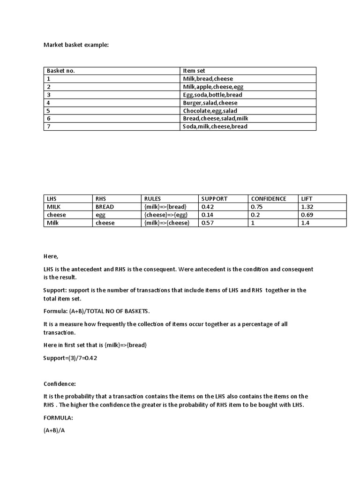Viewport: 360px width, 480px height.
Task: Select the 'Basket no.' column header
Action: [61, 71]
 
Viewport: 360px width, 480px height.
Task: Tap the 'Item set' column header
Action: [194, 71]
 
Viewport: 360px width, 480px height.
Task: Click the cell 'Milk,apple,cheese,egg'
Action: [213, 87]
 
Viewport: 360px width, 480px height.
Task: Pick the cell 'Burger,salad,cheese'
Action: [210, 103]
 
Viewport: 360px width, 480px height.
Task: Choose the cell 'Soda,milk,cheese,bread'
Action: [215, 127]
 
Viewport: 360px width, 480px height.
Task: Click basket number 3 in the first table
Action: [48, 95]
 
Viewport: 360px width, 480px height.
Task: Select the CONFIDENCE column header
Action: [269, 199]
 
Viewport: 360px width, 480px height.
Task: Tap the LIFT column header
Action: [307, 199]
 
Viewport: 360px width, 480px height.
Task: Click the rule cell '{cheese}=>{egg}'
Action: [166, 215]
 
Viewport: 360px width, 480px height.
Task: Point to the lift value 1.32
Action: [307, 207]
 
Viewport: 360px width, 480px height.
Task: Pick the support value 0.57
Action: [208, 223]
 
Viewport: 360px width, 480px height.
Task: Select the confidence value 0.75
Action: [257, 207]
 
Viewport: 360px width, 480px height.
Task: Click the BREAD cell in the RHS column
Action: [105, 207]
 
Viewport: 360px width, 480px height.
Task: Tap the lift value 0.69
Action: [307, 215]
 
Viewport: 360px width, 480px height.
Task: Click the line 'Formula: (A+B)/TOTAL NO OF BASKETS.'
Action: [97, 311]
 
